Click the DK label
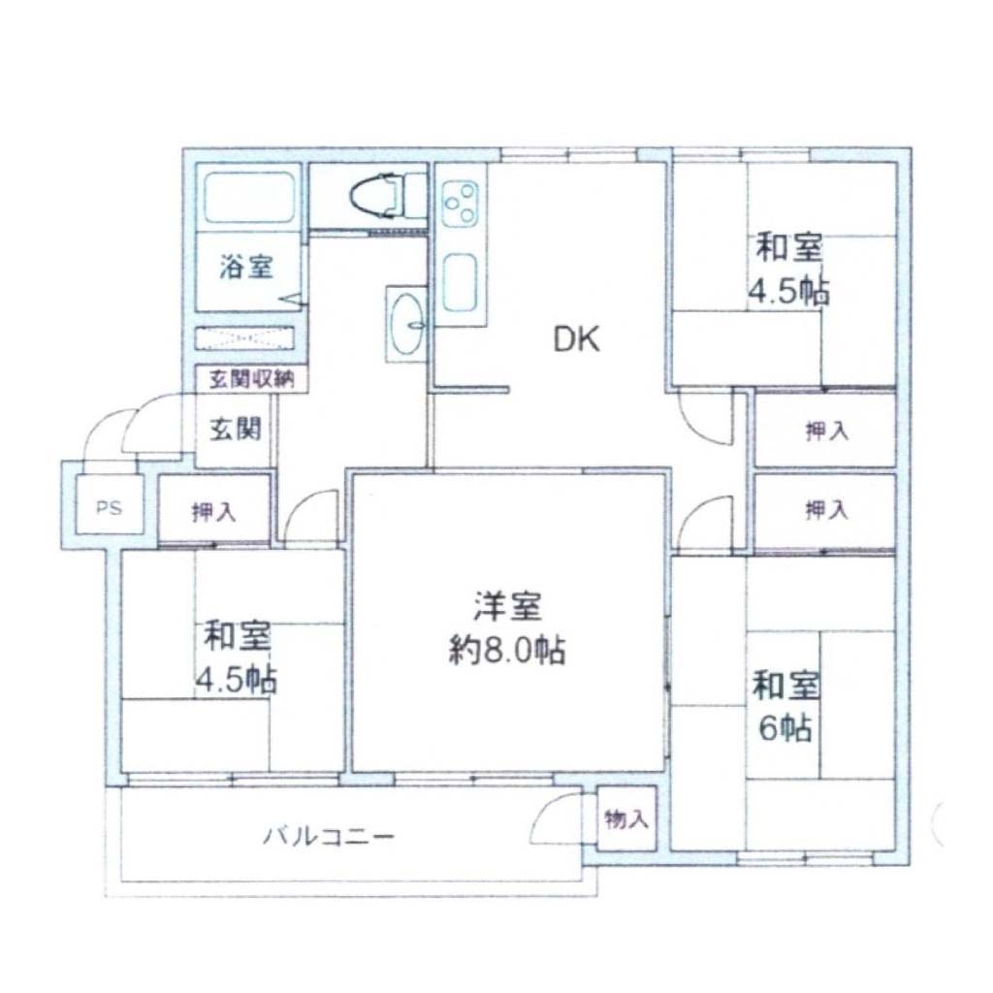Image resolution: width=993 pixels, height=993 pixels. tap(576, 339)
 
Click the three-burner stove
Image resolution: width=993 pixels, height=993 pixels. tap(461, 204)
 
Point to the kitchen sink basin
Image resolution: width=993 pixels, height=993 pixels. tap(461, 282)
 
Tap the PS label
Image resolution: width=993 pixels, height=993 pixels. tap(109, 507)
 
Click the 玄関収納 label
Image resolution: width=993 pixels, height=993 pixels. tap(251, 379)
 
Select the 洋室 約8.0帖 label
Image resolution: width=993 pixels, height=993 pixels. tap(507, 628)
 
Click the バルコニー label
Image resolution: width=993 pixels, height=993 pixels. tap(329, 837)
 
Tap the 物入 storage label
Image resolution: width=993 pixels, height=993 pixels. tap(626, 818)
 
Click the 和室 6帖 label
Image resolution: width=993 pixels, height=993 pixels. tap(785, 707)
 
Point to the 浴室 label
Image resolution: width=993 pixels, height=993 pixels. tap(246, 267)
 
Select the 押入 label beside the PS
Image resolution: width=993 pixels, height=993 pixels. tap(214, 512)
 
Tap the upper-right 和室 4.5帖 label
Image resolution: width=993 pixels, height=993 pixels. tap(789, 270)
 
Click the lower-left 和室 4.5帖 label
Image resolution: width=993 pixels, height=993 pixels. tap(237, 658)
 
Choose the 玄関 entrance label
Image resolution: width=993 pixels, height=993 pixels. tap(235, 430)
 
